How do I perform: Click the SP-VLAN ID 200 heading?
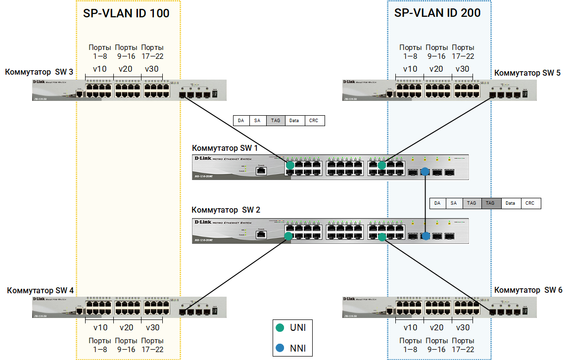tap(437, 13)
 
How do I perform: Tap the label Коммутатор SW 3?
tap(39, 72)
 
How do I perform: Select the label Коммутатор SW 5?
tap(527, 73)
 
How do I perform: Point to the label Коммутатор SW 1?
tap(225, 148)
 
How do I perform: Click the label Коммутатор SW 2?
tap(226, 210)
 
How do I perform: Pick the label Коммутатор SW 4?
tap(40, 290)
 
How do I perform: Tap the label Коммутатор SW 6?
tap(528, 290)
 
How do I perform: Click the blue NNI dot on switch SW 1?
tap(425, 172)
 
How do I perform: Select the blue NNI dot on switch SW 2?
tap(425, 236)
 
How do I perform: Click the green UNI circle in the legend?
tap(280, 327)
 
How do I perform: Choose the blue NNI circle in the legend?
tap(280, 348)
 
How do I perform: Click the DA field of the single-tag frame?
tap(241, 120)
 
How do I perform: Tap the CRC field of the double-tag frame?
tap(530, 203)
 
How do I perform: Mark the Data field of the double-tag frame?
tap(511, 203)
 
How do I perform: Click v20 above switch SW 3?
tap(126, 69)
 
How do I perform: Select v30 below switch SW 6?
tap(463, 327)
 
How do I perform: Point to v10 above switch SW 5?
tap(410, 69)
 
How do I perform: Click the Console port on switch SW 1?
tap(261, 171)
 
